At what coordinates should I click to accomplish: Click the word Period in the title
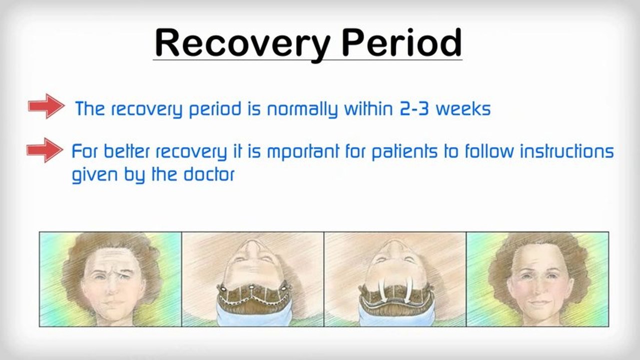(402, 42)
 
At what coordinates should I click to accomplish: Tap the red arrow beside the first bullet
(46, 106)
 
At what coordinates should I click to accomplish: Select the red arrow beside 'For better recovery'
(45, 150)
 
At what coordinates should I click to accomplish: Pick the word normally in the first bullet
(302, 109)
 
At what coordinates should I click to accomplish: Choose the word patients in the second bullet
(404, 151)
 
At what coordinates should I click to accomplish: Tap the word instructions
(567, 151)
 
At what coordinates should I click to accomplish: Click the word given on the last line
(95, 174)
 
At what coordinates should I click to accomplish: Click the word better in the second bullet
(127, 151)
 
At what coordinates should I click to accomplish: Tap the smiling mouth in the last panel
(538, 302)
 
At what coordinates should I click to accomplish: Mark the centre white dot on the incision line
(251, 286)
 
